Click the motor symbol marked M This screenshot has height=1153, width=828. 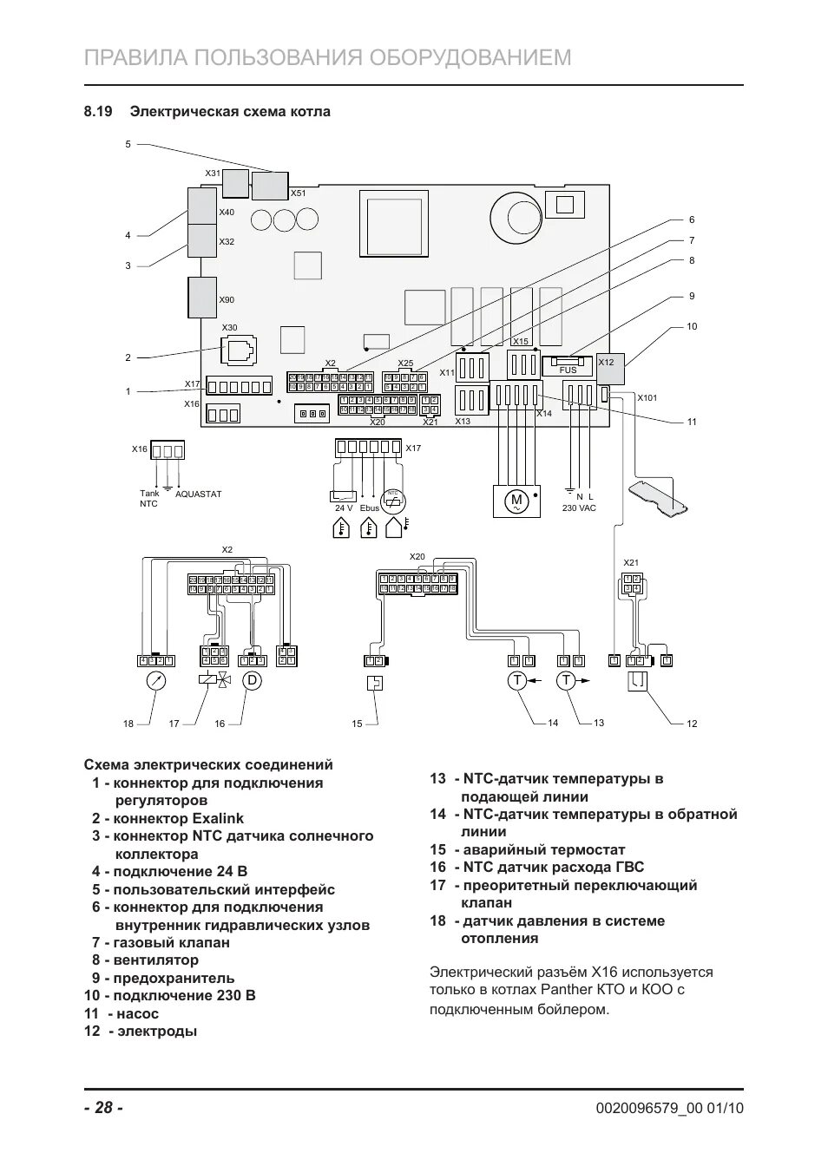[516, 501]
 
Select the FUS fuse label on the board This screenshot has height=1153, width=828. [568, 370]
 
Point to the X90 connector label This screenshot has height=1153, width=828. [227, 300]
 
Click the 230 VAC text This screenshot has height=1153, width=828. [579, 508]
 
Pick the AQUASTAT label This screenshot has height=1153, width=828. [199, 495]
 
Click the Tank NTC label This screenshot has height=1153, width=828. [149, 499]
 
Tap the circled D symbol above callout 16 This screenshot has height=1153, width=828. [252, 680]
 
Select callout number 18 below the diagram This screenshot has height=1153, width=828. [128, 724]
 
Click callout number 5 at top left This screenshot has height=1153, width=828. [128, 144]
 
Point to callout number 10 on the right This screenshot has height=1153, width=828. [692, 327]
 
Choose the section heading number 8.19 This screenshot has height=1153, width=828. [99, 112]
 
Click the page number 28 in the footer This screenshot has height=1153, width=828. [103, 1108]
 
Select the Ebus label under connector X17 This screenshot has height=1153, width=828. [370, 508]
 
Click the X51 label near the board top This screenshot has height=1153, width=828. [299, 193]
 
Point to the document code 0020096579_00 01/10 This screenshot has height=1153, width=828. [670, 1108]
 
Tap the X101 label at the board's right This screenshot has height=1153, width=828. [647, 398]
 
